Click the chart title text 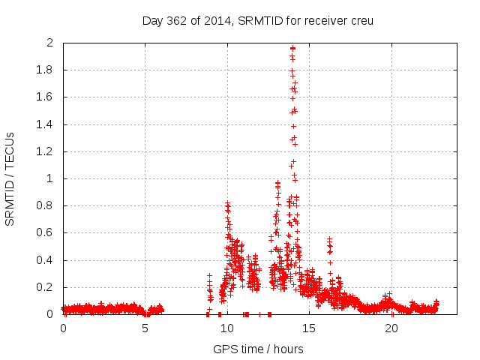pyautogui.click(x=257, y=20)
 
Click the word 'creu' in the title pyautogui.click(x=360, y=20)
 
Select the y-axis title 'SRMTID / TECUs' pyautogui.click(x=10, y=178)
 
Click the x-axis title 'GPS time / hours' pyautogui.click(x=258, y=349)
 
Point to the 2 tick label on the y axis pyautogui.click(x=50, y=43)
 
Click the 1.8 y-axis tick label pyautogui.click(x=45, y=70)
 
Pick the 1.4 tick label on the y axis pyautogui.click(x=45, y=124)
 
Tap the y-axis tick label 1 pyautogui.click(x=50, y=178)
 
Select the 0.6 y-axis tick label pyautogui.click(x=45, y=233)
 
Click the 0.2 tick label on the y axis pyautogui.click(x=45, y=287)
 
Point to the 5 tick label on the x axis pyautogui.click(x=145, y=328)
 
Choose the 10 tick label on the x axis pyautogui.click(x=227, y=328)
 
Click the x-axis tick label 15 pyautogui.click(x=309, y=328)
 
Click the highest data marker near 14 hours pyautogui.click(x=292, y=48)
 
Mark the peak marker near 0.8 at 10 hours pyautogui.click(x=227, y=203)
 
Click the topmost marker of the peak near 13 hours pyautogui.click(x=278, y=182)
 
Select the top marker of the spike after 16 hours pyautogui.click(x=329, y=239)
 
